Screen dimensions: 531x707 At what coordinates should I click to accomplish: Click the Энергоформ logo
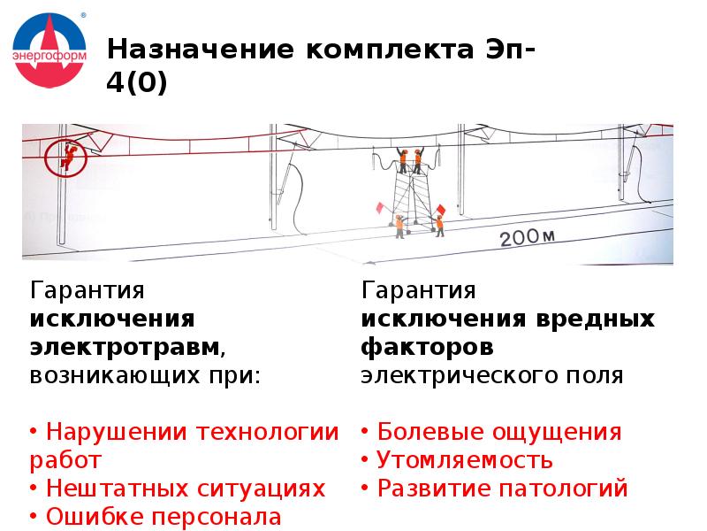[x=49, y=51]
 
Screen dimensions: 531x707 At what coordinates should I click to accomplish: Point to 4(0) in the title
[x=135, y=86]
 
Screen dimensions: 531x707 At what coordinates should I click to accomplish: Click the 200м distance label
[x=526, y=237]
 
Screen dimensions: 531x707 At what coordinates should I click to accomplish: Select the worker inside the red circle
[x=66, y=156]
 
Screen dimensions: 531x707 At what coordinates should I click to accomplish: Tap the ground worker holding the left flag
[x=399, y=226]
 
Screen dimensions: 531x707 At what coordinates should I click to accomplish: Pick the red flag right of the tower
[x=440, y=209]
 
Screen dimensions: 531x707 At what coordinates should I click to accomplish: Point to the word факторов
[x=427, y=346]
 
